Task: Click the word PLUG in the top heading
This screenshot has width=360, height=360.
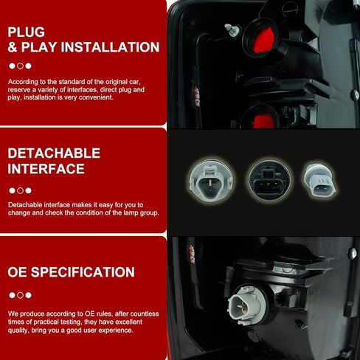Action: tap(27, 32)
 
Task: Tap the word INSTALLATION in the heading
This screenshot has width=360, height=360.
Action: tap(110, 47)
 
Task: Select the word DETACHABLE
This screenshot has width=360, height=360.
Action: tap(54, 153)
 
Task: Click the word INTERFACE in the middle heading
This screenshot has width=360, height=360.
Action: tap(46, 169)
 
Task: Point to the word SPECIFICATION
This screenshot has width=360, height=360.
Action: tap(83, 272)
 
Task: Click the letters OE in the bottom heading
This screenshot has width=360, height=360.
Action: tap(17, 272)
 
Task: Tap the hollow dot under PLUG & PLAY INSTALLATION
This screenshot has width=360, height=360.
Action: tap(20, 66)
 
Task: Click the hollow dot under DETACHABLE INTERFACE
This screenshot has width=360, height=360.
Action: tap(20, 190)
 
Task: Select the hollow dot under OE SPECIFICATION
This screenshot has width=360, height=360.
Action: tap(20, 295)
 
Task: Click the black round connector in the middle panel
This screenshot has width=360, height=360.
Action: tap(269, 181)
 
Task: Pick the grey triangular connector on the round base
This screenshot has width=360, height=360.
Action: tap(210, 182)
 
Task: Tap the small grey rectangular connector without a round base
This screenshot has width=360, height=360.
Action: tap(319, 181)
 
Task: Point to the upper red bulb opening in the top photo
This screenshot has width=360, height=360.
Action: tap(263, 41)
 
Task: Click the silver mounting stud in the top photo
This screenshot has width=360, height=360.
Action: tap(232, 30)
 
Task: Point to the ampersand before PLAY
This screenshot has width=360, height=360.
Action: tap(12, 47)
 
